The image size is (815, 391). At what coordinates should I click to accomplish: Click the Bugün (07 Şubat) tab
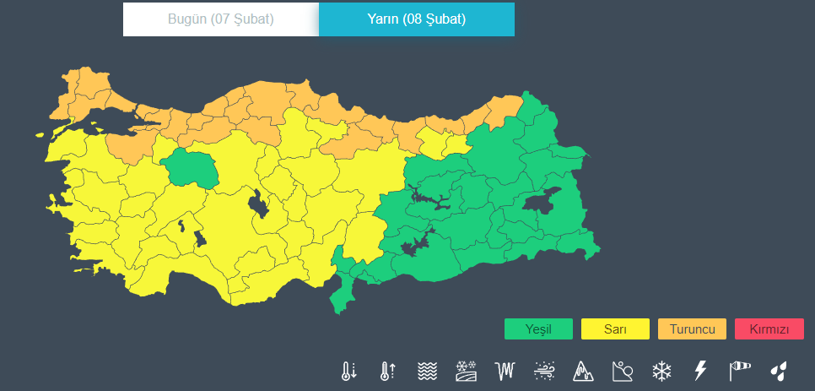[220, 19]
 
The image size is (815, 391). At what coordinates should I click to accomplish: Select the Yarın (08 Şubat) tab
[417, 19]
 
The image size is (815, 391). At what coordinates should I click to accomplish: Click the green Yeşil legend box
[538, 329]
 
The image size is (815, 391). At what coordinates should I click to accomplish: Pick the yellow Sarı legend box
[615, 329]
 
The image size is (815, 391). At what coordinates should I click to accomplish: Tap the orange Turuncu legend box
[692, 329]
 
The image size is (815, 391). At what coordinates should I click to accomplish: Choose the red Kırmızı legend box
[769, 329]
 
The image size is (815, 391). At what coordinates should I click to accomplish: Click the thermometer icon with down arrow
[349, 371]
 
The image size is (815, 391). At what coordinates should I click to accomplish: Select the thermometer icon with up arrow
[388, 371]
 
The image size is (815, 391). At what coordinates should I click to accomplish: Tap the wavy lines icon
[427, 371]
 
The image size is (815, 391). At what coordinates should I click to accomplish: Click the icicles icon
[505, 371]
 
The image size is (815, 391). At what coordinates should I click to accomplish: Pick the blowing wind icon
[544, 371]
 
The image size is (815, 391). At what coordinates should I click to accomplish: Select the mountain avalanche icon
[583, 371]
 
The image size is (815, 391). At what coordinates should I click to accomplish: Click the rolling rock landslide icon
[623, 371]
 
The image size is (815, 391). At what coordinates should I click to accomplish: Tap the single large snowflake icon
[661, 371]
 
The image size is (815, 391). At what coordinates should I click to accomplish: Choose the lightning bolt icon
[699, 371]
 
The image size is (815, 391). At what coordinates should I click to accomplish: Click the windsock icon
[739, 371]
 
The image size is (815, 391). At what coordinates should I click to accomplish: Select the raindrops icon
[779, 371]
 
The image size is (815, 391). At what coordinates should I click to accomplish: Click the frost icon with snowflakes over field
[467, 371]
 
